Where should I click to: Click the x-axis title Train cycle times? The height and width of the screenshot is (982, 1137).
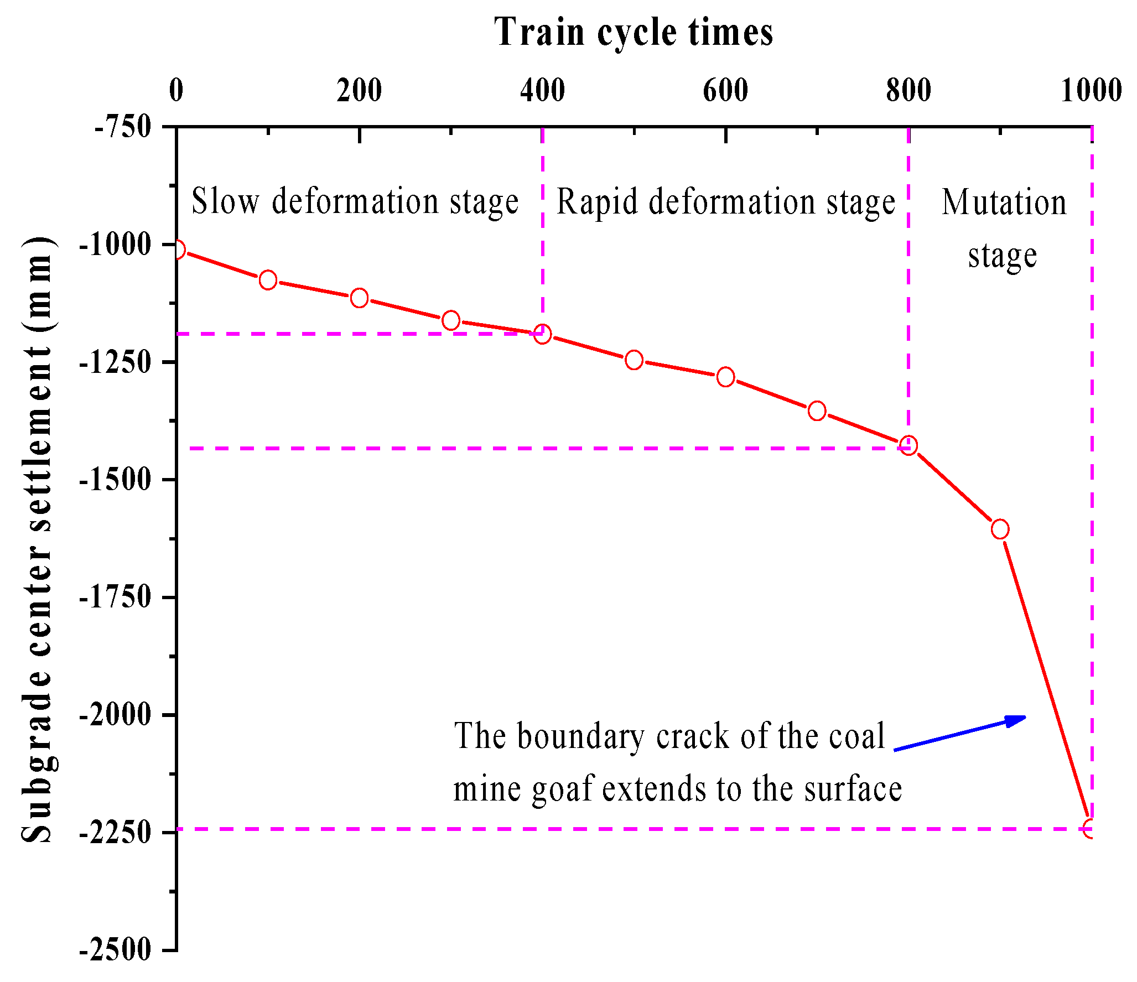click(634, 32)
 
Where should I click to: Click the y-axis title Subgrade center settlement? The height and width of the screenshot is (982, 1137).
click(37, 539)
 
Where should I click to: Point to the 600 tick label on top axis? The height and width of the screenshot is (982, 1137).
click(725, 90)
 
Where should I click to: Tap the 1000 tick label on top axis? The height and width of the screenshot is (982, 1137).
click(1091, 90)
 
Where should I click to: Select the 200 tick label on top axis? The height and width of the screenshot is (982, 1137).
click(359, 90)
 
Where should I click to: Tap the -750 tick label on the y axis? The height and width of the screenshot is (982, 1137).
click(123, 127)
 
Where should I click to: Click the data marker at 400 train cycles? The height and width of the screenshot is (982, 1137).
click(542, 334)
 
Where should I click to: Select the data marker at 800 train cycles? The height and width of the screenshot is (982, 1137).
click(908, 445)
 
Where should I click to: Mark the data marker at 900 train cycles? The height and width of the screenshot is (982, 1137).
click(1000, 529)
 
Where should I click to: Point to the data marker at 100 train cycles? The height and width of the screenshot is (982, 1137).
click(268, 280)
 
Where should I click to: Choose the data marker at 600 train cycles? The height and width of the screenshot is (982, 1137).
click(725, 377)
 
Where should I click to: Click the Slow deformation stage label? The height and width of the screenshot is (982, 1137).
click(355, 201)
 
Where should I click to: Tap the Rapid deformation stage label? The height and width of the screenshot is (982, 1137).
click(725, 202)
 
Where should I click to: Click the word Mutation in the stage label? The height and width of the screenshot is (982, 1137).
click(1004, 203)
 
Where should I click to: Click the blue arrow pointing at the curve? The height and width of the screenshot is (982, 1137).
click(960, 733)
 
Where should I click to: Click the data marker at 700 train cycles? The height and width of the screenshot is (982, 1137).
click(817, 411)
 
